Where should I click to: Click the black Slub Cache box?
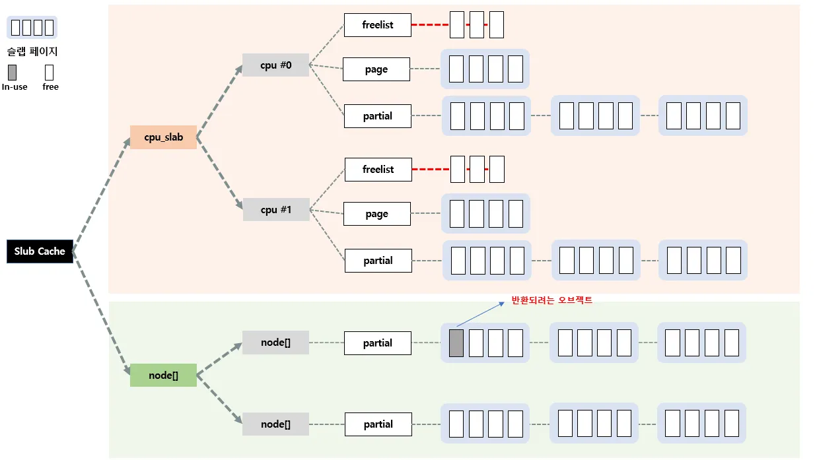click(x=40, y=251)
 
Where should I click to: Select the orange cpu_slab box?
click(x=163, y=137)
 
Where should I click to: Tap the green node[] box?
click(x=163, y=375)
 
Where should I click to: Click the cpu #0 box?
click(x=275, y=65)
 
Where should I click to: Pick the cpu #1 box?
click(x=276, y=210)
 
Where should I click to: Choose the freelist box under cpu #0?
click(x=378, y=25)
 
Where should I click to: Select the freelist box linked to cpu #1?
click(x=378, y=170)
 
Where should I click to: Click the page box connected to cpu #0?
click(x=376, y=69)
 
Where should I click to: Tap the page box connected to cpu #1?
click(x=377, y=214)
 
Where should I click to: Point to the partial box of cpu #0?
click(x=378, y=116)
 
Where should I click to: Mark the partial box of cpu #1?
click(x=378, y=261)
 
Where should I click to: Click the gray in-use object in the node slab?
click(x=456, y=343)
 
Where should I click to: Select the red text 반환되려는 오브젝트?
click(x=552, y=300)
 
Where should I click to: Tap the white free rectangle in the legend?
click(x=49, y=72)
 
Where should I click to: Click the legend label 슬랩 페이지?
click(x=32, y=51)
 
